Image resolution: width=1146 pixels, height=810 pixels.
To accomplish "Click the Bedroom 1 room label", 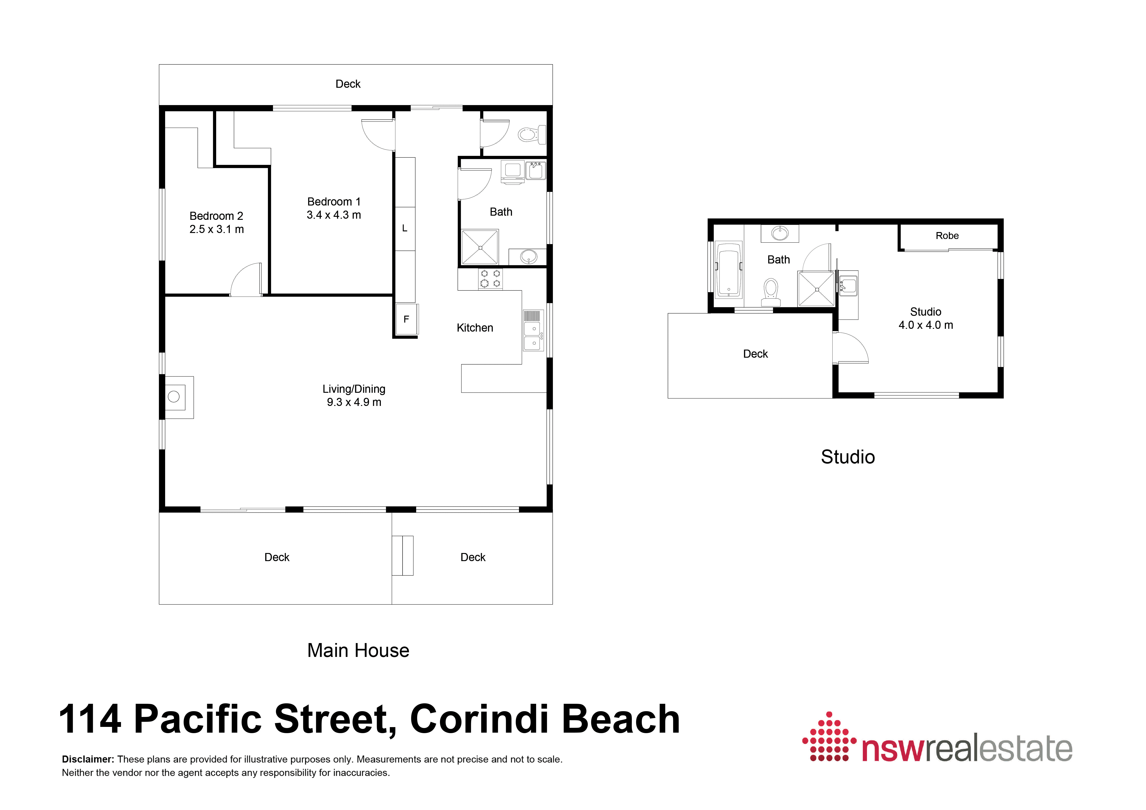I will point(333,202).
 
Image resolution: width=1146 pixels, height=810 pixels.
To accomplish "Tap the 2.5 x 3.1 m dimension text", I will point(217,230).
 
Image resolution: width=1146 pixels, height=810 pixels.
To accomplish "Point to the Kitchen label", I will point(475,328).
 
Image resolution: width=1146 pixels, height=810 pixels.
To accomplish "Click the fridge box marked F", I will point(406,319).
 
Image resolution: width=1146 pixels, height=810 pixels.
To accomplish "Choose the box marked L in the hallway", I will point(405,229).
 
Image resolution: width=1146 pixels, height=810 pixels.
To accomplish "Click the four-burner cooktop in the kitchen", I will point(490,278).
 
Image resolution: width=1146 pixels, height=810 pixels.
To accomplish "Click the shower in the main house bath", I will point(480,247).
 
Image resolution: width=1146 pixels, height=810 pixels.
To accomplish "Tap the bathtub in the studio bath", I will point(728,269).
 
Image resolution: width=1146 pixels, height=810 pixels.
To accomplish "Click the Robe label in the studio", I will point(947,236).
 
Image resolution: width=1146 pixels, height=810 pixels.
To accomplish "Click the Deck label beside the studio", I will point(755,354).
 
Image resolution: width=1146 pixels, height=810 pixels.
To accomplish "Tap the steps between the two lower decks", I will point(402,556).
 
